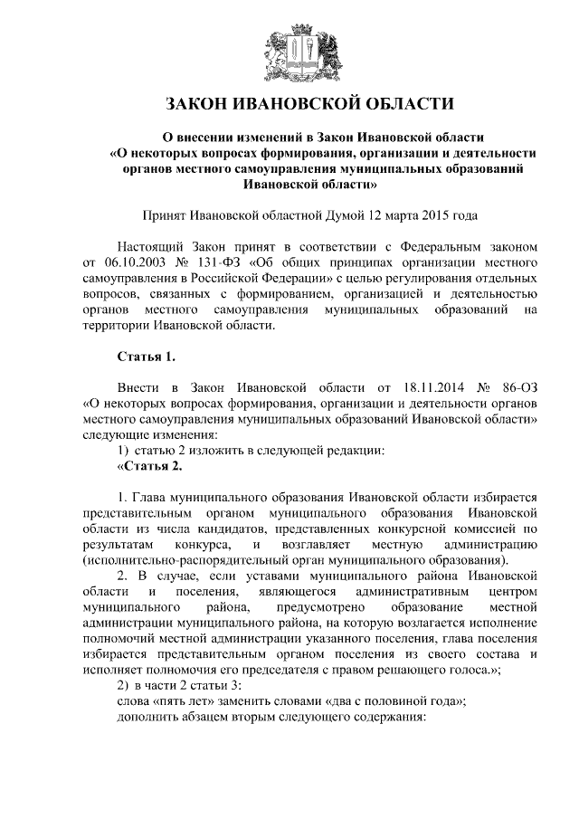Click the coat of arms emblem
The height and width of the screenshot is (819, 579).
pyautogui.click(x=289, y=52)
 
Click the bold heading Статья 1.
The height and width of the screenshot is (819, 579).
pyautogui.click(x=143, y=356)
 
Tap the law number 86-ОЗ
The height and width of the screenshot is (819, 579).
pyautogui.click(x=517, y=388)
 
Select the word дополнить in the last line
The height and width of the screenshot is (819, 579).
pyautogui.click(x=148, y=717)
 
